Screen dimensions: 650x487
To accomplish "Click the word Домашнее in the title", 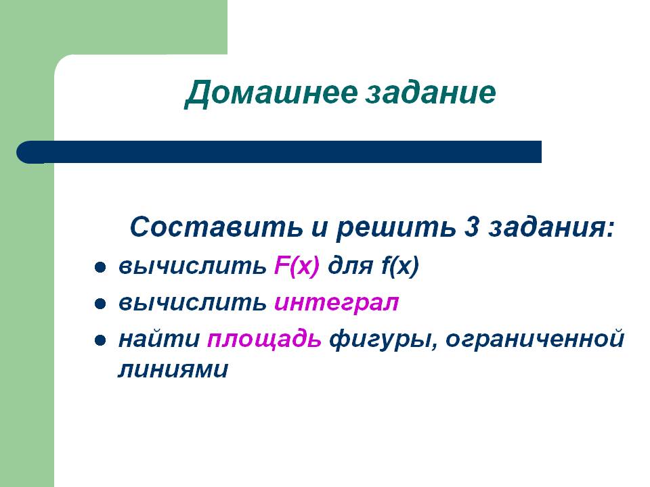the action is click(x=271, y=93).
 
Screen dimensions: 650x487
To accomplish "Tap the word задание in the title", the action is click(x=431, y=93).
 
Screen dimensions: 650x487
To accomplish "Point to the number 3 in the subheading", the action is click(x=472, y=227).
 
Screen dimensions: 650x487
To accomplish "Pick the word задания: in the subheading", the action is click(x=551, y=229).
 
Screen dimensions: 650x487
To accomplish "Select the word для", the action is click(x=350, y=267).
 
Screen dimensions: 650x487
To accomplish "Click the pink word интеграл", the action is click(x=337, y=304).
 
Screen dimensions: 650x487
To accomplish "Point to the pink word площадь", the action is click(x=265, y=340).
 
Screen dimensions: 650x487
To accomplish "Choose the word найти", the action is click(x=159, y=339).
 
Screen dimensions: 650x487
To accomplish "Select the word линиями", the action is click(x=173, y=370).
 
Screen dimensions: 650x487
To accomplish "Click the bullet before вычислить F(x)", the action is click(x=100, y=268).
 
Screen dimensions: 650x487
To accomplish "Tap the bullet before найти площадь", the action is click(x=100, y=341).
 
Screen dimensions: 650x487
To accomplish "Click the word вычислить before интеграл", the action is click(x=192, y=303).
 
